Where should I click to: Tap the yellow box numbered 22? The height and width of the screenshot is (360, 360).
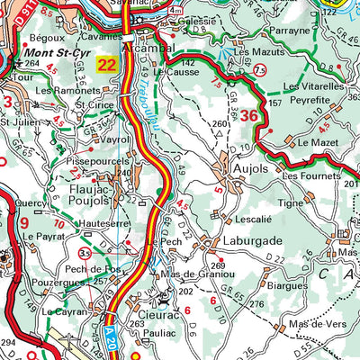coord(108,64)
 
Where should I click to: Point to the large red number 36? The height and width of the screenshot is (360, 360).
coord(249,114)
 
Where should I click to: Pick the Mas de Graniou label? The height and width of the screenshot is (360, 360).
coord(202,274)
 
